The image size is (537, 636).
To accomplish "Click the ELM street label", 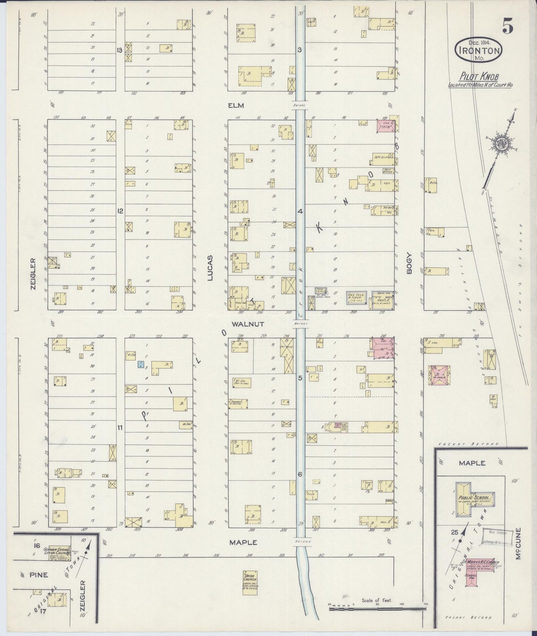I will pos(236,106).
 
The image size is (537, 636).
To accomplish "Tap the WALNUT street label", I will pos(248,324).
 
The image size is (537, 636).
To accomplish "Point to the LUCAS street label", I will pos(210,268).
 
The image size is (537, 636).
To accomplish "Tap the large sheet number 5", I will pos(508,26).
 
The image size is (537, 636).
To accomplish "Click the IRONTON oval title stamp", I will pos(479,50).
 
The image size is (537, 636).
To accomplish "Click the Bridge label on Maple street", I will pos(301,542).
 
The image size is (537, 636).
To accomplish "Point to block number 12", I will pos(120,211).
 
